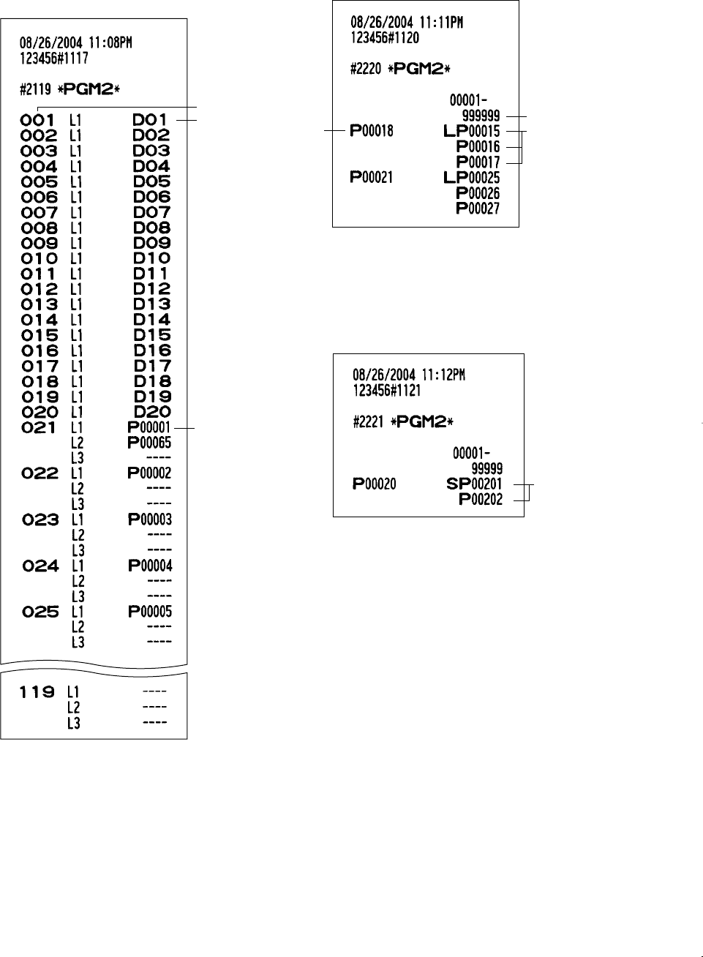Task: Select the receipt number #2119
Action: point(35,90)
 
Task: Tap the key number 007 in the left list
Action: point(40,213)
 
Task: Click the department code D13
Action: point(152,304)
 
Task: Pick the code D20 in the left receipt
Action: point(152,412)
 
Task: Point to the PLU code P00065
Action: point(149,443)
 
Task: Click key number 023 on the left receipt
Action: point(40,520)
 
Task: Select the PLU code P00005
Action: point(150,612)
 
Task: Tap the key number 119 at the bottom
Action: point(37,692)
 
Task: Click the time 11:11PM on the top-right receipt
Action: point(442,23)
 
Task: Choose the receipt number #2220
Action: point(366,70)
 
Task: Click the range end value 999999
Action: point(481,116)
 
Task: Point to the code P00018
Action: point(372,131)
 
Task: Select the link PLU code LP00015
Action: point(472,132)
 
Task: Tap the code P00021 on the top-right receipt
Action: point(372,177)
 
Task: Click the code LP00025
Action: point(472,178)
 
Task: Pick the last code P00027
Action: point(478,209)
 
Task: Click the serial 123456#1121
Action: point(387,390)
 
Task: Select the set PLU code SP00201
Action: point(474,484)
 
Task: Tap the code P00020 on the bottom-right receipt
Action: point(375,484)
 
